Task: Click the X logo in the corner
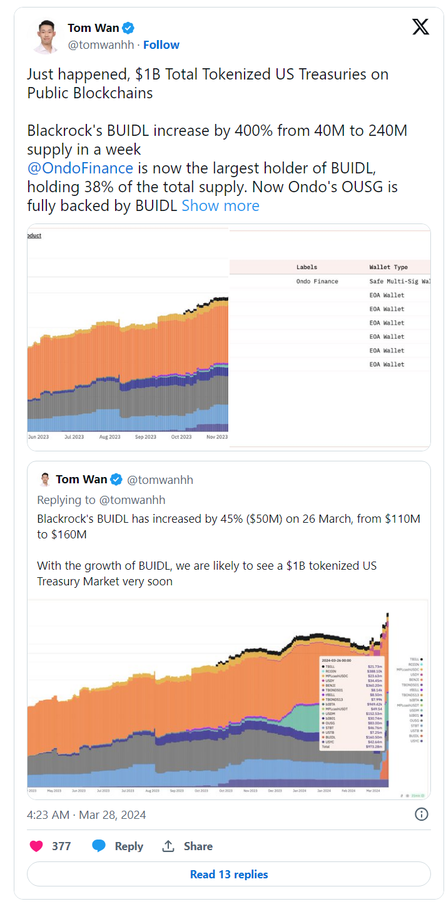pos(421,27)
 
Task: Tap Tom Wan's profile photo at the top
pos(45,36)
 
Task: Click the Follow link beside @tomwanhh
pos(161,45)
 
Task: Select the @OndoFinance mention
pos(80,168)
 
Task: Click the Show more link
pos(220,206)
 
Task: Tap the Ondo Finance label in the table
pos(317,281)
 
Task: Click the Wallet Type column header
pos(388,267)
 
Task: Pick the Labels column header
pos(307,267)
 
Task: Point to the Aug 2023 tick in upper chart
pos(110,436)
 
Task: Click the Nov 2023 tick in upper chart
pos(216,436)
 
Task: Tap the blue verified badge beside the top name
pos(128,28)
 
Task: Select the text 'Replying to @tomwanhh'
pos(101,500)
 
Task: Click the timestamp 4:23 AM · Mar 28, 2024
pos(86,814)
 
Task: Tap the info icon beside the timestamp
pos(422,814)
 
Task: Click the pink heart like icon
pos(36,846)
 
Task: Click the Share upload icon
pos(168,846)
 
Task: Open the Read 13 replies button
pos(229,874)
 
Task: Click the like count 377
pos(61,846)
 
